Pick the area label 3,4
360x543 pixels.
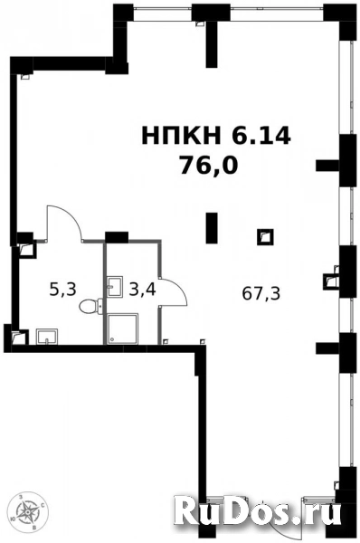[x=141, y=290]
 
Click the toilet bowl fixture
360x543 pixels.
[x=89, y=308]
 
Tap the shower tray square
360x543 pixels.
[x=120, y=329]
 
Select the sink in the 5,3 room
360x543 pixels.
[x=47, y=338]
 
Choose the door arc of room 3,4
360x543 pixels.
[x=172, y=291]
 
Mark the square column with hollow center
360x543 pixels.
[x=265, y=237]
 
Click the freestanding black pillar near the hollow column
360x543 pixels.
[x=212, y=228]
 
